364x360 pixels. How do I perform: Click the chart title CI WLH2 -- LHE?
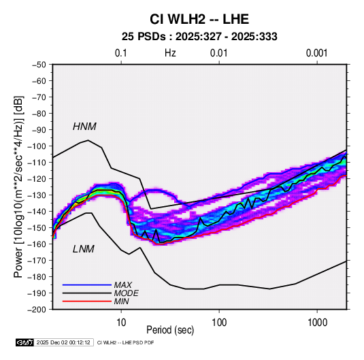[x=199, y=19]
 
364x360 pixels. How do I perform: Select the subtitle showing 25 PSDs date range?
[x=199, y=37]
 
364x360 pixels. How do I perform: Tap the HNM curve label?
[x=84, y=127]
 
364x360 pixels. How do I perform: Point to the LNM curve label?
[x=84, y=249]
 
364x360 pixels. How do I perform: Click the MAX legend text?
[x=123, y=284]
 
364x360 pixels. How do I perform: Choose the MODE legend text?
[x=127, y=293]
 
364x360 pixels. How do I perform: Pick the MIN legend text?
[x=121, y=301]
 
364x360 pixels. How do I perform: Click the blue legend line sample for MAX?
[x=87, y=284]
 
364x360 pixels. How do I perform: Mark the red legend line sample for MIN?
[x=87, y=301]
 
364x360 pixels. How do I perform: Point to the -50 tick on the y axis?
[x=39, y=65]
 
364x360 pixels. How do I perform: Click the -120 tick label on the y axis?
[x=37, y=179]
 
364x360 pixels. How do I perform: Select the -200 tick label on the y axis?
[x=37, y=310]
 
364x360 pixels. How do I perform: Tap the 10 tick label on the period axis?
[x=121, y=323]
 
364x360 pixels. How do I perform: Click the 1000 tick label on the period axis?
[x=317, y=323]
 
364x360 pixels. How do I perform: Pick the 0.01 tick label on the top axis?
[x=218, y=53]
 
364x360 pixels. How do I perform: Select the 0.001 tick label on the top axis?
[x=316, y=53]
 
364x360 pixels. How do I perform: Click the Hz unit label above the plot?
[x=170, y=53]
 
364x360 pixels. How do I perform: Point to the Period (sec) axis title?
[x=170, y=330]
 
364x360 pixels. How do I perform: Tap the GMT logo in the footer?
[x=25, y=342]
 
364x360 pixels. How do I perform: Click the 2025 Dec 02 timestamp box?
[x=63, y=342]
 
